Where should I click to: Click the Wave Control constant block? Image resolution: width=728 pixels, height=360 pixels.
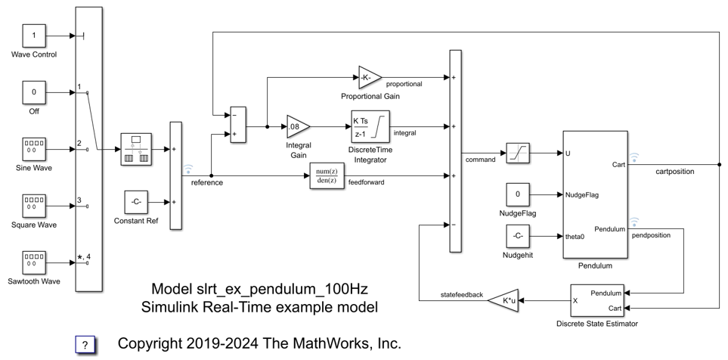coord(33,35)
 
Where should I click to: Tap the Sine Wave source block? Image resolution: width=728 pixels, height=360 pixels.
coord(33,149)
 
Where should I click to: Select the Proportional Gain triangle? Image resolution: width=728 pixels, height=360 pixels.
coord(370,78)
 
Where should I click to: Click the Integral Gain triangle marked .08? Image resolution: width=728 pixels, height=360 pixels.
coord(297,127)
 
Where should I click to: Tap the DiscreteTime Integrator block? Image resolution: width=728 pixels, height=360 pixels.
coord(370,126)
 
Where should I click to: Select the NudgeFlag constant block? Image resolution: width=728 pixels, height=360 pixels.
coord(518,194)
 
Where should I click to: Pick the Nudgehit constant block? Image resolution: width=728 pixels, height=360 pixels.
coord(518,236)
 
